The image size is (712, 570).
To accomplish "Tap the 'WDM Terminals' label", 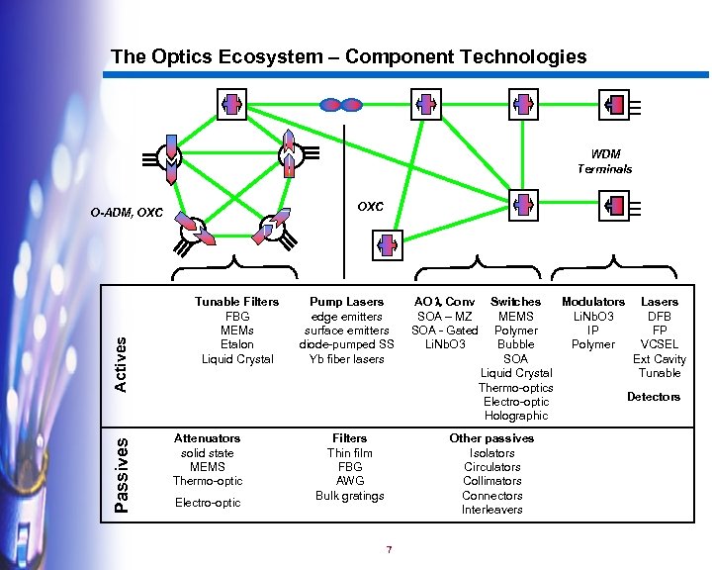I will pyautogui.click(x=604, y=161).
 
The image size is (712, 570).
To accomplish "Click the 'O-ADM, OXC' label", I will pyautogui.click(x=126, y=213).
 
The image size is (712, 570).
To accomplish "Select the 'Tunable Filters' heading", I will pyautogui.click(x=236, y=301).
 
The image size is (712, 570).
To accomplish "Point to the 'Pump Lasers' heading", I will pyautogui.click(x=346, y=301).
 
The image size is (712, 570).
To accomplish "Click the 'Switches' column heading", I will pyautogui.click(x=515, y=301).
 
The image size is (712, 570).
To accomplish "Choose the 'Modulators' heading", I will pyautogui.click(x=593, y=301).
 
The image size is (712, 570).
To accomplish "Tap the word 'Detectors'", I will pyautogui.click(x=654, y=397).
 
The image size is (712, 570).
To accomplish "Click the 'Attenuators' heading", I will pyautogui.click(x=207, y=437).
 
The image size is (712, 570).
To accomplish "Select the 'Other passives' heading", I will pyautogui.click(x=491, y=437).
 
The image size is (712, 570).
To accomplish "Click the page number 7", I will pyautogui.click(x=390, y=550).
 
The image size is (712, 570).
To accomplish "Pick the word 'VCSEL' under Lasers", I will pyautogui.click(x=659, y=344).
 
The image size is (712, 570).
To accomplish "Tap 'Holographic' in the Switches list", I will pyautogui.click(x=516, y=416).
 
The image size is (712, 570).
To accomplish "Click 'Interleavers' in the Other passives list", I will pyautogui.click(x=491, y=510).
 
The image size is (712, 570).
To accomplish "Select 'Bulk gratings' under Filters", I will pyautogui.click(x=349, y=495).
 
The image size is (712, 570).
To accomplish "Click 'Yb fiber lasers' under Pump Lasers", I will pyautogui.click(x=346, y=358).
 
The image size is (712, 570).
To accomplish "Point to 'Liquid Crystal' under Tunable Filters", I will pyautogui.click(x=237, y=358).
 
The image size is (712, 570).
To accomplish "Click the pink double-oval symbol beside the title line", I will pyautogui.click(x=342, y=103).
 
